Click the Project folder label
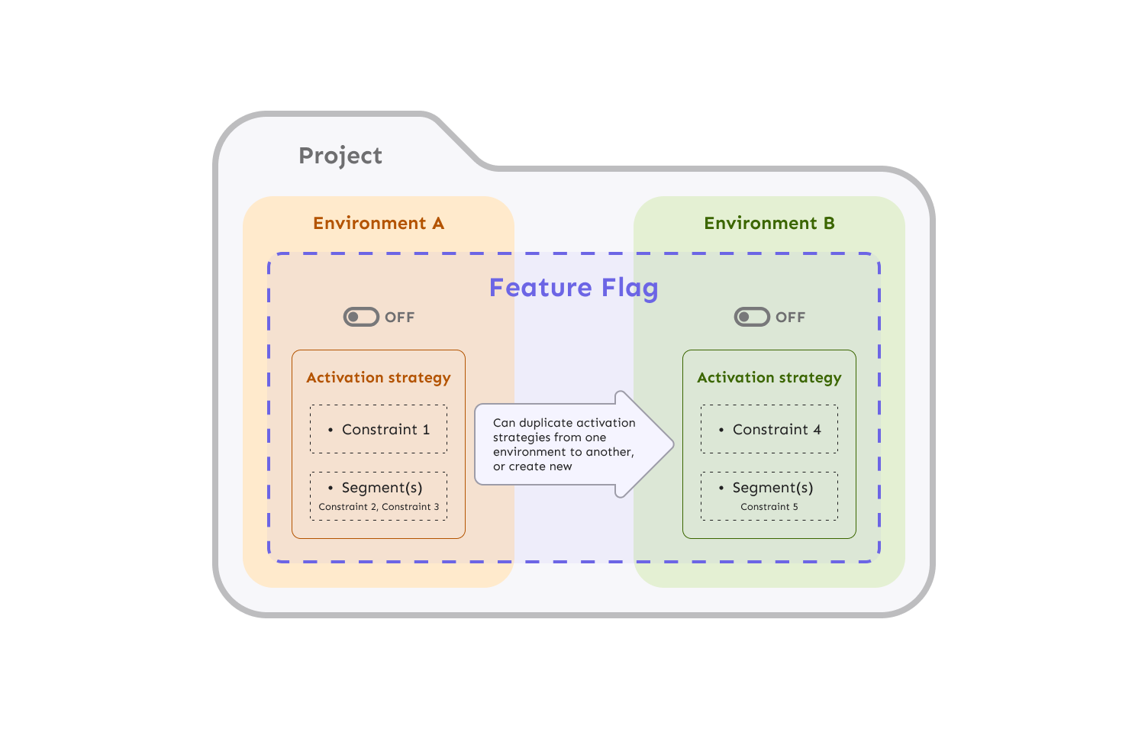click(340, 156)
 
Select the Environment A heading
click(378, 224)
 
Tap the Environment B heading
click(769, 224)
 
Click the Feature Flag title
click(573, 288)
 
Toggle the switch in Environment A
click(361, 317)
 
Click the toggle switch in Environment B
click(752, 317)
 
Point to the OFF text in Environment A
click(399, 318)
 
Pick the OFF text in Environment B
click(790, 318)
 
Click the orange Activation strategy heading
click(378, 378)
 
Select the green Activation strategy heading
click(769, 378)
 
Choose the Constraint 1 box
click(379, 429)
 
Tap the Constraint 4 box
click(769, 429)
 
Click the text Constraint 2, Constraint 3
click(379, 507)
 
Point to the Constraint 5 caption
click(769, 507)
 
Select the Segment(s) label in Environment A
click(382, 488)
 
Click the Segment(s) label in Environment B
click(772, 488)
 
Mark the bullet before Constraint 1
click(331, 430)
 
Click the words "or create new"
click(532, 466)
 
